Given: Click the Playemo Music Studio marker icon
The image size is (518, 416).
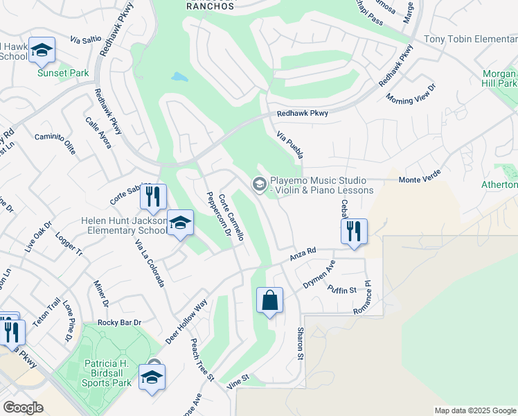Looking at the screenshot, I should point(259,184).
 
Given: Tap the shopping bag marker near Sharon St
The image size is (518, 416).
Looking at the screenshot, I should point(270,302).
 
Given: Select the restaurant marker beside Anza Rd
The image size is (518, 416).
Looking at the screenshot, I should point(354,232).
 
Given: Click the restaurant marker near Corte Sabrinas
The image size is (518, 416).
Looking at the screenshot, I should point(154,198).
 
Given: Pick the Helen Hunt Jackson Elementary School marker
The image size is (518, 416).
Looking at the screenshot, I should point(180,223).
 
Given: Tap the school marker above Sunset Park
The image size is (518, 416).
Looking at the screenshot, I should point(42,51).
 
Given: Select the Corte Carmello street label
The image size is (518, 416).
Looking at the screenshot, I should point(231,217).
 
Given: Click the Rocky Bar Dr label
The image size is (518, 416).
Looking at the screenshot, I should point(119,322).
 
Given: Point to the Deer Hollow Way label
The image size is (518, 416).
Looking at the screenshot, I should point(187,322).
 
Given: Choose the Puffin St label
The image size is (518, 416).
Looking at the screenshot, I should point(341,290).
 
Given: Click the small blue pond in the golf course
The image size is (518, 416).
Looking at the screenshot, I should point(179,76).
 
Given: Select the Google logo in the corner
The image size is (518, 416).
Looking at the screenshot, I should point(23,408).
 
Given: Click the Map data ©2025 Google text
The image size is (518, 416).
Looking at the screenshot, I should point(474,410).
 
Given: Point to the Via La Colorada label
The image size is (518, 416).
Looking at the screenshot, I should point(150,263).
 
